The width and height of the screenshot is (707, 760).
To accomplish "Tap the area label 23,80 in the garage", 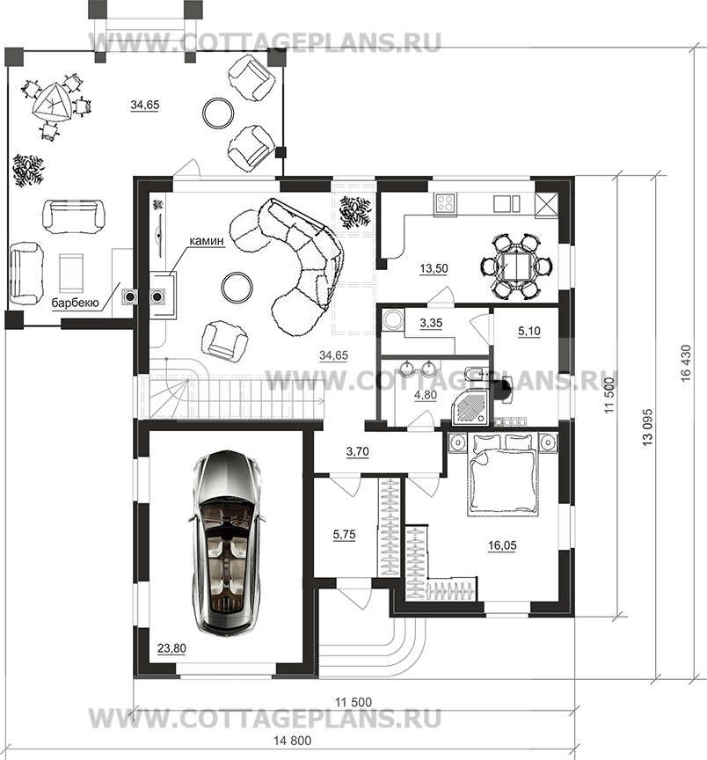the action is tap(172, 648).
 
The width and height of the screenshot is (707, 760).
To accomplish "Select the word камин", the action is tap(207, 240).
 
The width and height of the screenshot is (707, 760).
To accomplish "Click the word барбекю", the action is tap(75, 303).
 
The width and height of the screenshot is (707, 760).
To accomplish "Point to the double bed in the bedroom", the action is tap(503, 474).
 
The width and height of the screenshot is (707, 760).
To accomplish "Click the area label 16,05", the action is tap(502, 545).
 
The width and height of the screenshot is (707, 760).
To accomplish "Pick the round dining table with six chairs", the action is tap(516, 266).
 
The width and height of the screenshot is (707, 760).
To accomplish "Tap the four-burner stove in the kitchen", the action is tap(445, 203).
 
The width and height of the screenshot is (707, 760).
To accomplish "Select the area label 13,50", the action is tap(434, 268).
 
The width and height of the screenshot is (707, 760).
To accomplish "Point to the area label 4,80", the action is tap(426, 395).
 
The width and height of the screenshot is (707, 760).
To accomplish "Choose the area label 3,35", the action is tap(431, 323).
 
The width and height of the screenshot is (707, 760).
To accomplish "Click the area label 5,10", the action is tap(529, 332).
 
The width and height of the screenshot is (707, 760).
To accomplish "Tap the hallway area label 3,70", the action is tap(358, 452).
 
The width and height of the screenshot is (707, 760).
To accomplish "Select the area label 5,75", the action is tap(344, 535).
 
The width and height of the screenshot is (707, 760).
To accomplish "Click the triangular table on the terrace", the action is tap(51, 103).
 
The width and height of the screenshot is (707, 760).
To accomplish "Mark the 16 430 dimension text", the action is tap(686, 363).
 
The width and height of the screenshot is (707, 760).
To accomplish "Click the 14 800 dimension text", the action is tap(293, 741).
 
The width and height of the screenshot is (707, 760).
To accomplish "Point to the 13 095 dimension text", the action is tap(648, 427).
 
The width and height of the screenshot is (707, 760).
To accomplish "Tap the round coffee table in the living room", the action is tap(237, 287).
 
